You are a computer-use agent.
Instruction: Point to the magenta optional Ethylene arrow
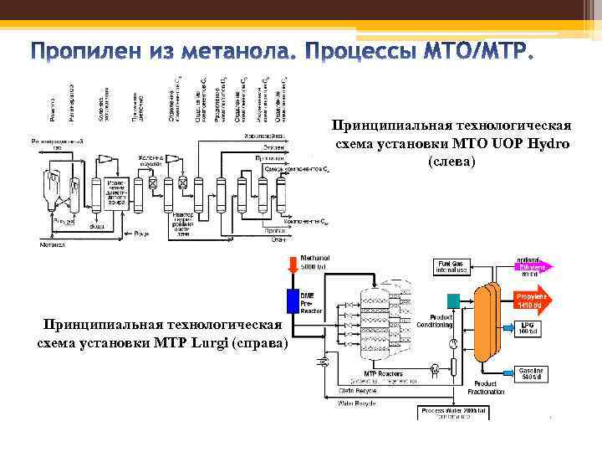531,267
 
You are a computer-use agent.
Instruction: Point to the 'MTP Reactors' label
381,372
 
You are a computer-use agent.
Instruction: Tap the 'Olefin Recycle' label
356,388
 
